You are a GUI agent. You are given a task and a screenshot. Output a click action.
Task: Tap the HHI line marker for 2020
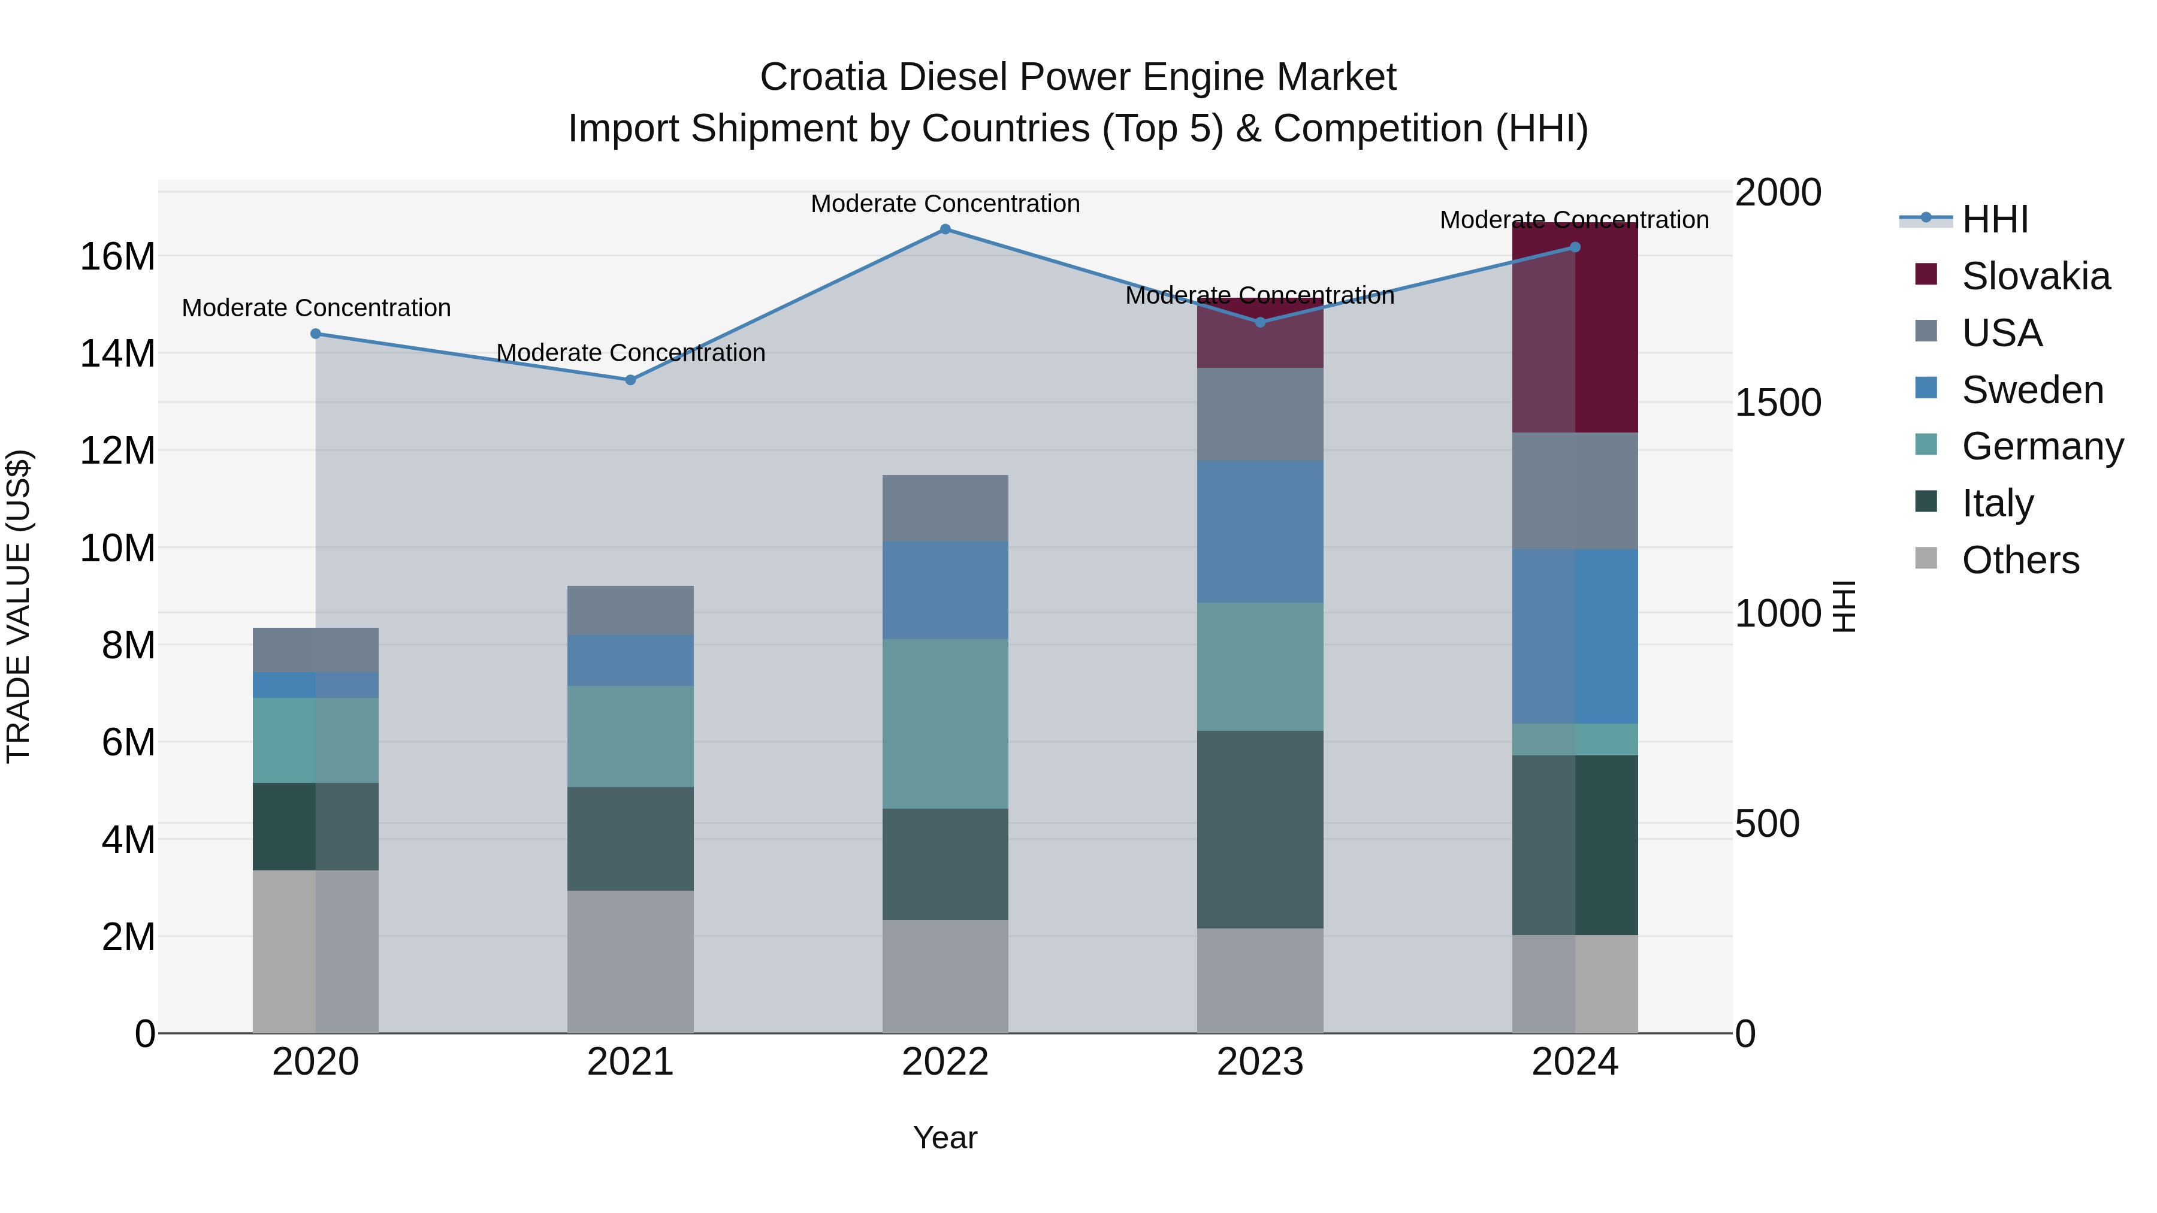pos(316,334)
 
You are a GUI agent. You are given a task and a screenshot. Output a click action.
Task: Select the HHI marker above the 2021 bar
pos(630,380)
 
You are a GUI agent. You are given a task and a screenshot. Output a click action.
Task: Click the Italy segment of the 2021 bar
pos(630,839)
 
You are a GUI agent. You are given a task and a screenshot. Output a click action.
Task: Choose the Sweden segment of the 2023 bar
pos(1259,531)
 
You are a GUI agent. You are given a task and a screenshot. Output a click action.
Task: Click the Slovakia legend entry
pos(2035,276)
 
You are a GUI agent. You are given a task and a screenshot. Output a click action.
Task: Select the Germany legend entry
pos(2041,446)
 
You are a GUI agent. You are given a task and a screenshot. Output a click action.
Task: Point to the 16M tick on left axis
pos(117,256)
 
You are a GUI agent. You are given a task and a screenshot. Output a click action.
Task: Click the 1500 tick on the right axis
pos(1778,403)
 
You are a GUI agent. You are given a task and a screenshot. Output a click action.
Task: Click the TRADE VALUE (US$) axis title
pos(19,606)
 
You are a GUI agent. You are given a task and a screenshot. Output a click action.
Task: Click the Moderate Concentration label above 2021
pos(630,353)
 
